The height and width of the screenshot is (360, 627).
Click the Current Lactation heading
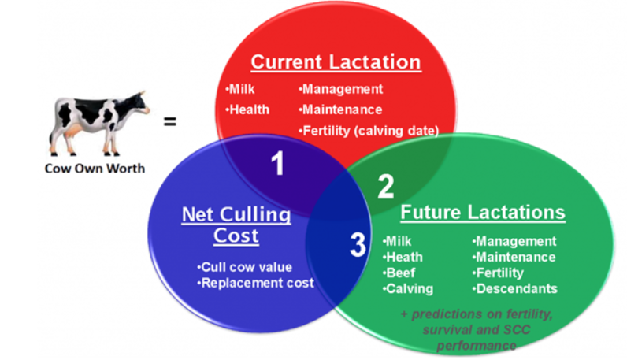tap(336, 62)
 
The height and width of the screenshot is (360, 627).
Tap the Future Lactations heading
tap(483, 213)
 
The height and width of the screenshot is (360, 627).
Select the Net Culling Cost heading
tap(236, 225)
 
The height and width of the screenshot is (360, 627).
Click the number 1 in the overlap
tap(277, 164)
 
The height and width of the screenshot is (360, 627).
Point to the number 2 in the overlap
tap(385, 186)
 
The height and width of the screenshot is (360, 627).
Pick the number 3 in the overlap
tap(358, 246)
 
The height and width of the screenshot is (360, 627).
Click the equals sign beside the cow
tap(169, 122)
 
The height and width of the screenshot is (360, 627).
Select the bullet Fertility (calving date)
tap(369, 131)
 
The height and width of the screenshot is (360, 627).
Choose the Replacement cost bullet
tap(256, 282)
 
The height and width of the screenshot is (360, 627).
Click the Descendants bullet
tap(515, 288)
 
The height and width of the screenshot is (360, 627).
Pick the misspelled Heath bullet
tap(403, 257)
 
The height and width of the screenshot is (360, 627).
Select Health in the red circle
tap(247, 109)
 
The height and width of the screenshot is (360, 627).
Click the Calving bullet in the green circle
tap(407, 288)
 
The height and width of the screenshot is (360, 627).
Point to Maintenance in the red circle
tap(340, 109)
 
